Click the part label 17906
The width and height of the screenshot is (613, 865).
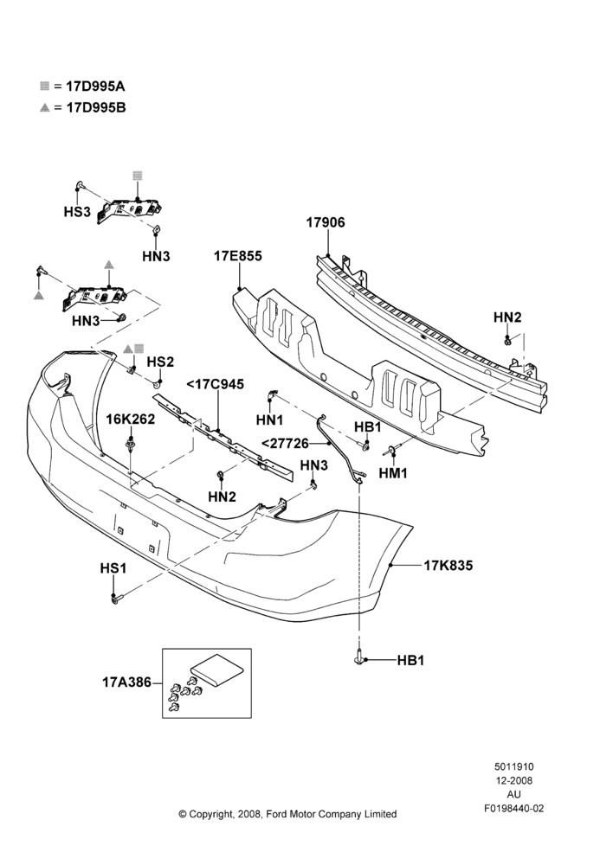point(326,222)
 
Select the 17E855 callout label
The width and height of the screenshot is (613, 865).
point(238,256)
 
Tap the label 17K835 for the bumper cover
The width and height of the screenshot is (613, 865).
point(448,566)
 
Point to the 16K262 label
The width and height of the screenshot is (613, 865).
point(131,419)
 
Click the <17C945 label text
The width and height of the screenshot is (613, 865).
point(216,384)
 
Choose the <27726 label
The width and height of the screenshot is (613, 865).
point(285,443)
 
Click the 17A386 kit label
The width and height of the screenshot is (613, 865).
point(126,682)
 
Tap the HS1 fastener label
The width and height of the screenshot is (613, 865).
point(113,567)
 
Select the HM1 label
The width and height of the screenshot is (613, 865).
point(393,473)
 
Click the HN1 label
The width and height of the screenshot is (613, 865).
point(269,420)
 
